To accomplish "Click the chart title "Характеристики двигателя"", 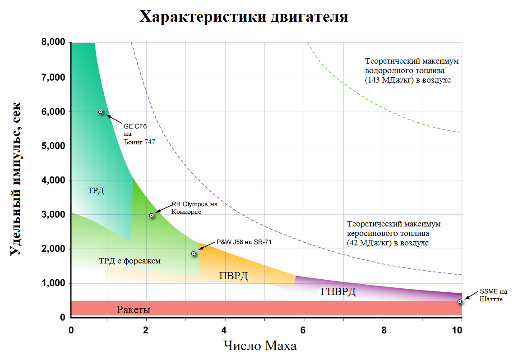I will coord(244,17).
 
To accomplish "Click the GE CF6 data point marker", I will coord(101,112).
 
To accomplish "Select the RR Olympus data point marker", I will coord(152,216).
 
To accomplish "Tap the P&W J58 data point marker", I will coord(194,254).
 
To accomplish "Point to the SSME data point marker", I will coord(459,301).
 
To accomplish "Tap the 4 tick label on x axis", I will coord(225,329).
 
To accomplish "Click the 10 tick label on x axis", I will coord(457,329).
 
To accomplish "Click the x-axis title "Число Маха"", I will coord(260,346).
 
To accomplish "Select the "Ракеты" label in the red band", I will coord(134,310).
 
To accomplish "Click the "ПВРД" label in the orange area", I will coord(233,276).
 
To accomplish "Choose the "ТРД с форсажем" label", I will coord(129,261).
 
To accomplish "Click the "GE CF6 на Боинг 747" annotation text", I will coord(139,134).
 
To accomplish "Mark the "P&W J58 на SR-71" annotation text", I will coord(244,242).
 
